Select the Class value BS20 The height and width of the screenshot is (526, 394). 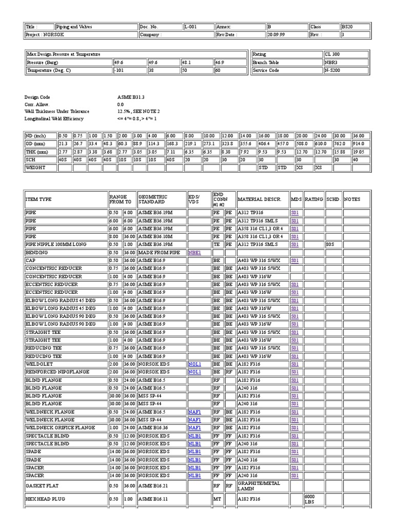click(347, 27)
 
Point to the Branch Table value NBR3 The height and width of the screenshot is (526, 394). click(331, 62)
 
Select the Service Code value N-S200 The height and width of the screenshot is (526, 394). click(332, 70)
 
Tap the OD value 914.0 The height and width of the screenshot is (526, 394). click(359, 144)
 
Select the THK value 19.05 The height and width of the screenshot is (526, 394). click(359, 152)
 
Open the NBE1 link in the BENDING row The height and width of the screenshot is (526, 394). click(194, 253)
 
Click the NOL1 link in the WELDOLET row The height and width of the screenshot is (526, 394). click(194, 364)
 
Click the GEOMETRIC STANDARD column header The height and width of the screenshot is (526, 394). click(151, 199)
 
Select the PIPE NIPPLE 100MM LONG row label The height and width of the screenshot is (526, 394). click(56, 245)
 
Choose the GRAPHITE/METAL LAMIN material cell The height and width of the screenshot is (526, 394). click(259, 486)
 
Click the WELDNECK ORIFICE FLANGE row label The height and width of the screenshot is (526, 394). click(60, 427)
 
